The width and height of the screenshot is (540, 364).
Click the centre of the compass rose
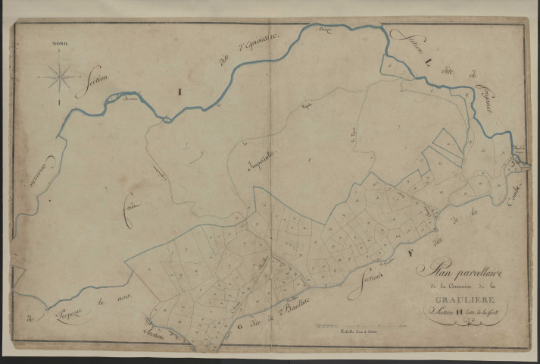coord(60,76)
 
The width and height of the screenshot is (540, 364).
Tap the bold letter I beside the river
coord(179,92)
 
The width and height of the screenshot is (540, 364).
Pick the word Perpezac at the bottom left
coord(72,311)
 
